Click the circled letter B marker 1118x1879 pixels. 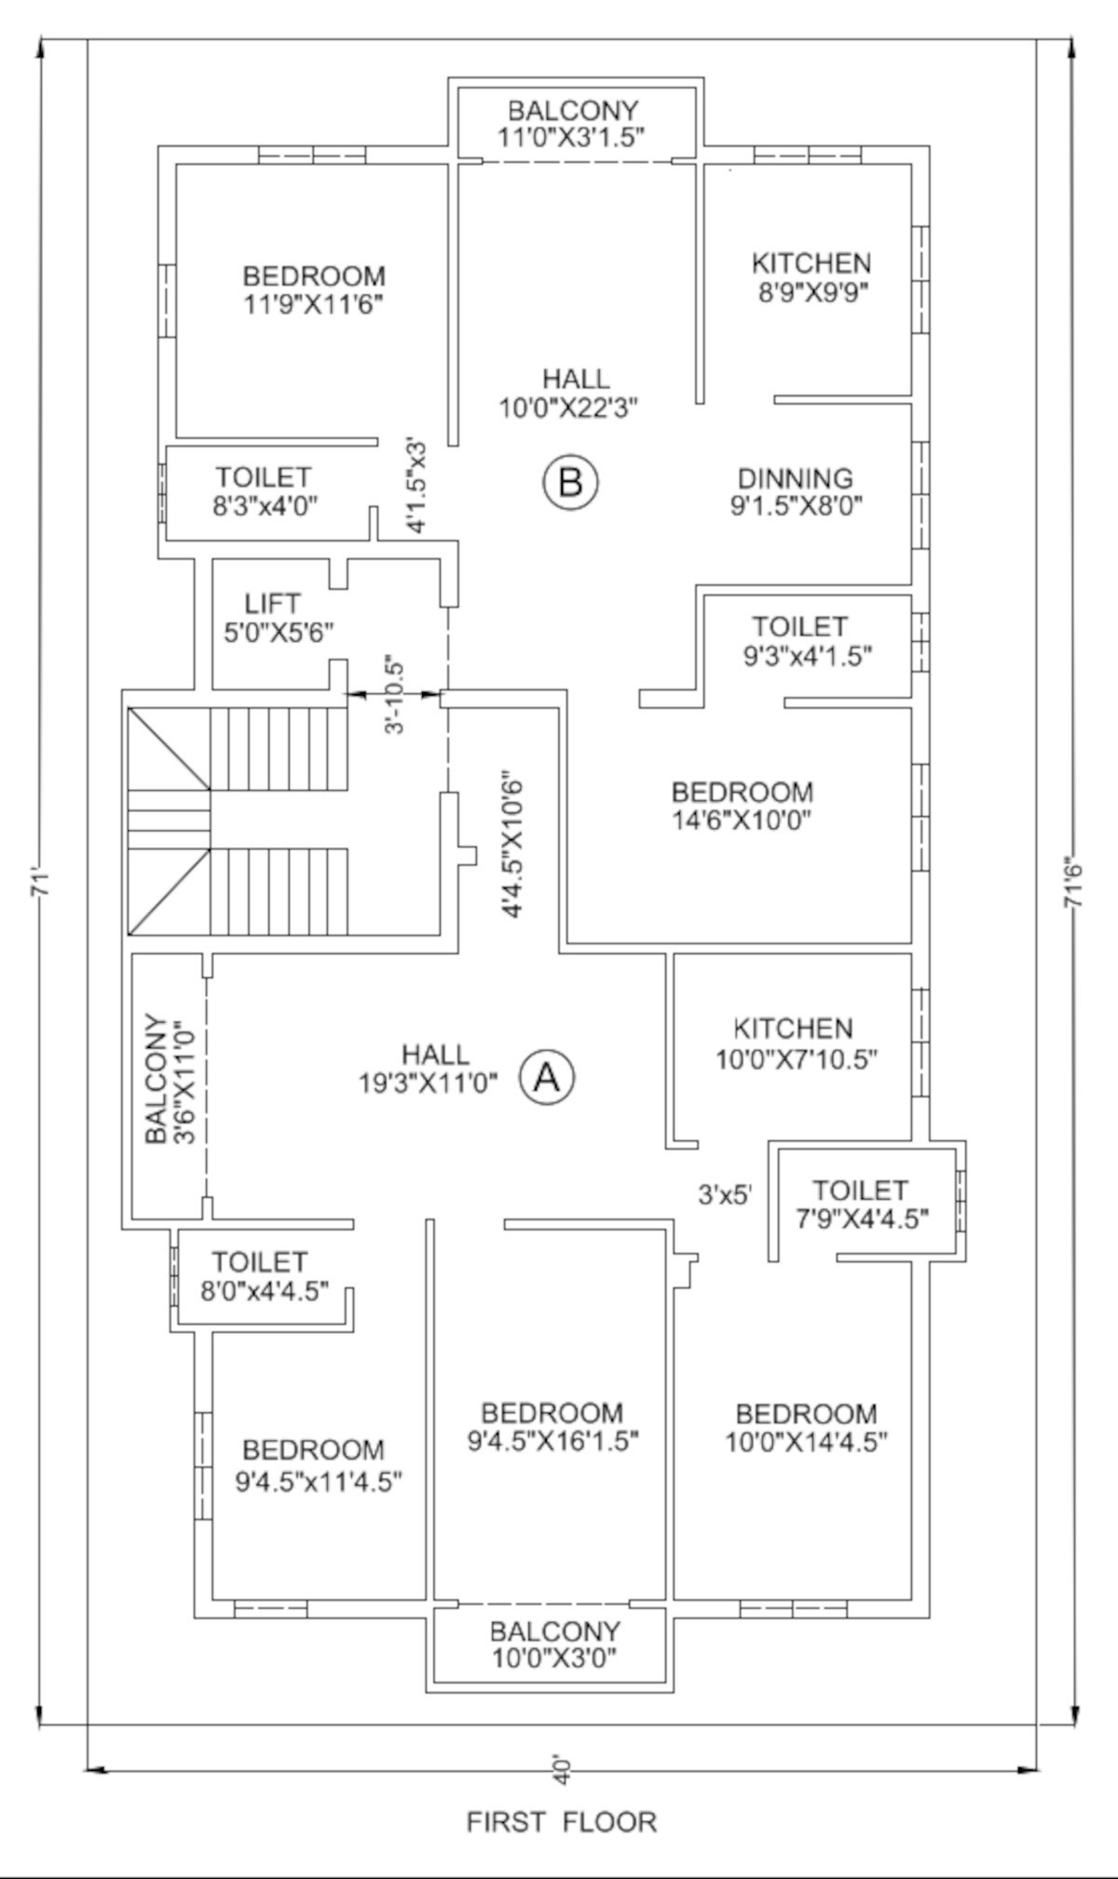[x=570, y=483]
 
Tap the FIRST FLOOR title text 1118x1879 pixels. [x=561, y=1821]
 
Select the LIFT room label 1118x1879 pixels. [x=272, y=603]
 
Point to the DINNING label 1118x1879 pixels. [x=795, y=478]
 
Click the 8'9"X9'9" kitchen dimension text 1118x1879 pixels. [x=812, y=293]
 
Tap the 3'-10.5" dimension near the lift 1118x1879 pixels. [x=396, y=698]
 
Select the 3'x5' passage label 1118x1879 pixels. [x=725, y=1194]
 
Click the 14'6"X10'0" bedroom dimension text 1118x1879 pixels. [x=743, y=821]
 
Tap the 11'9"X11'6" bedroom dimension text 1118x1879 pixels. [x=314, y=305]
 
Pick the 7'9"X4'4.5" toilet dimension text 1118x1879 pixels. [x=860, y=1218]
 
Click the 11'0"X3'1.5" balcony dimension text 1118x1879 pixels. [x=574, y=136]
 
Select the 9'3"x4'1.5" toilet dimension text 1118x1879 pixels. [x=807, y=656]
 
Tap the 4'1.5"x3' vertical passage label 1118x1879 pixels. [x=416, y=485]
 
